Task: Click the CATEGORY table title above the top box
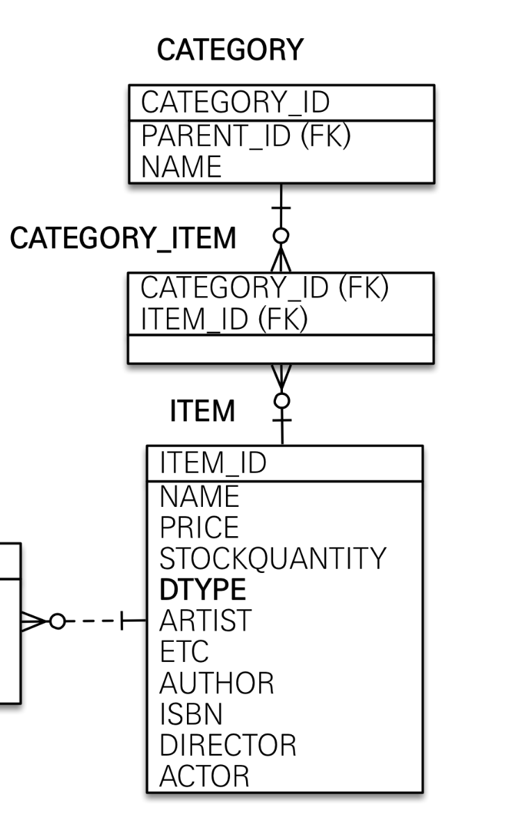(229, 51)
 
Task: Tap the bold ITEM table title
(202, 412)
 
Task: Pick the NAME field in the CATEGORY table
(181, 167)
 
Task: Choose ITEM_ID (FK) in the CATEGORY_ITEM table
(224, 321)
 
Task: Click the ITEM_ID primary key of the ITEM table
(213, 463)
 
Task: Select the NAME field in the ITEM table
(199, 495)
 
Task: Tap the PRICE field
(199, 527)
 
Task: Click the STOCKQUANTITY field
(272, 558)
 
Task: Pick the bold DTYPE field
(202, 590)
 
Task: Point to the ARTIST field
(205, 620)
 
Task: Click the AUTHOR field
(216, 684)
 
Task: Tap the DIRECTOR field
(227, 746)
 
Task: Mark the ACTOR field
(204, 777)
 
